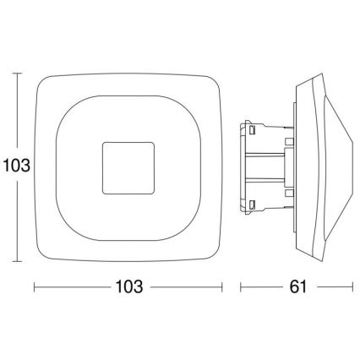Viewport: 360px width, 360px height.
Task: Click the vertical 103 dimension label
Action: pos(14,165)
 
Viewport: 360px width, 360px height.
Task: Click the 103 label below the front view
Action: pos(128,287)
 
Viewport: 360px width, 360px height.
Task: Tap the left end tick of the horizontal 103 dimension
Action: pos(35,287)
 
